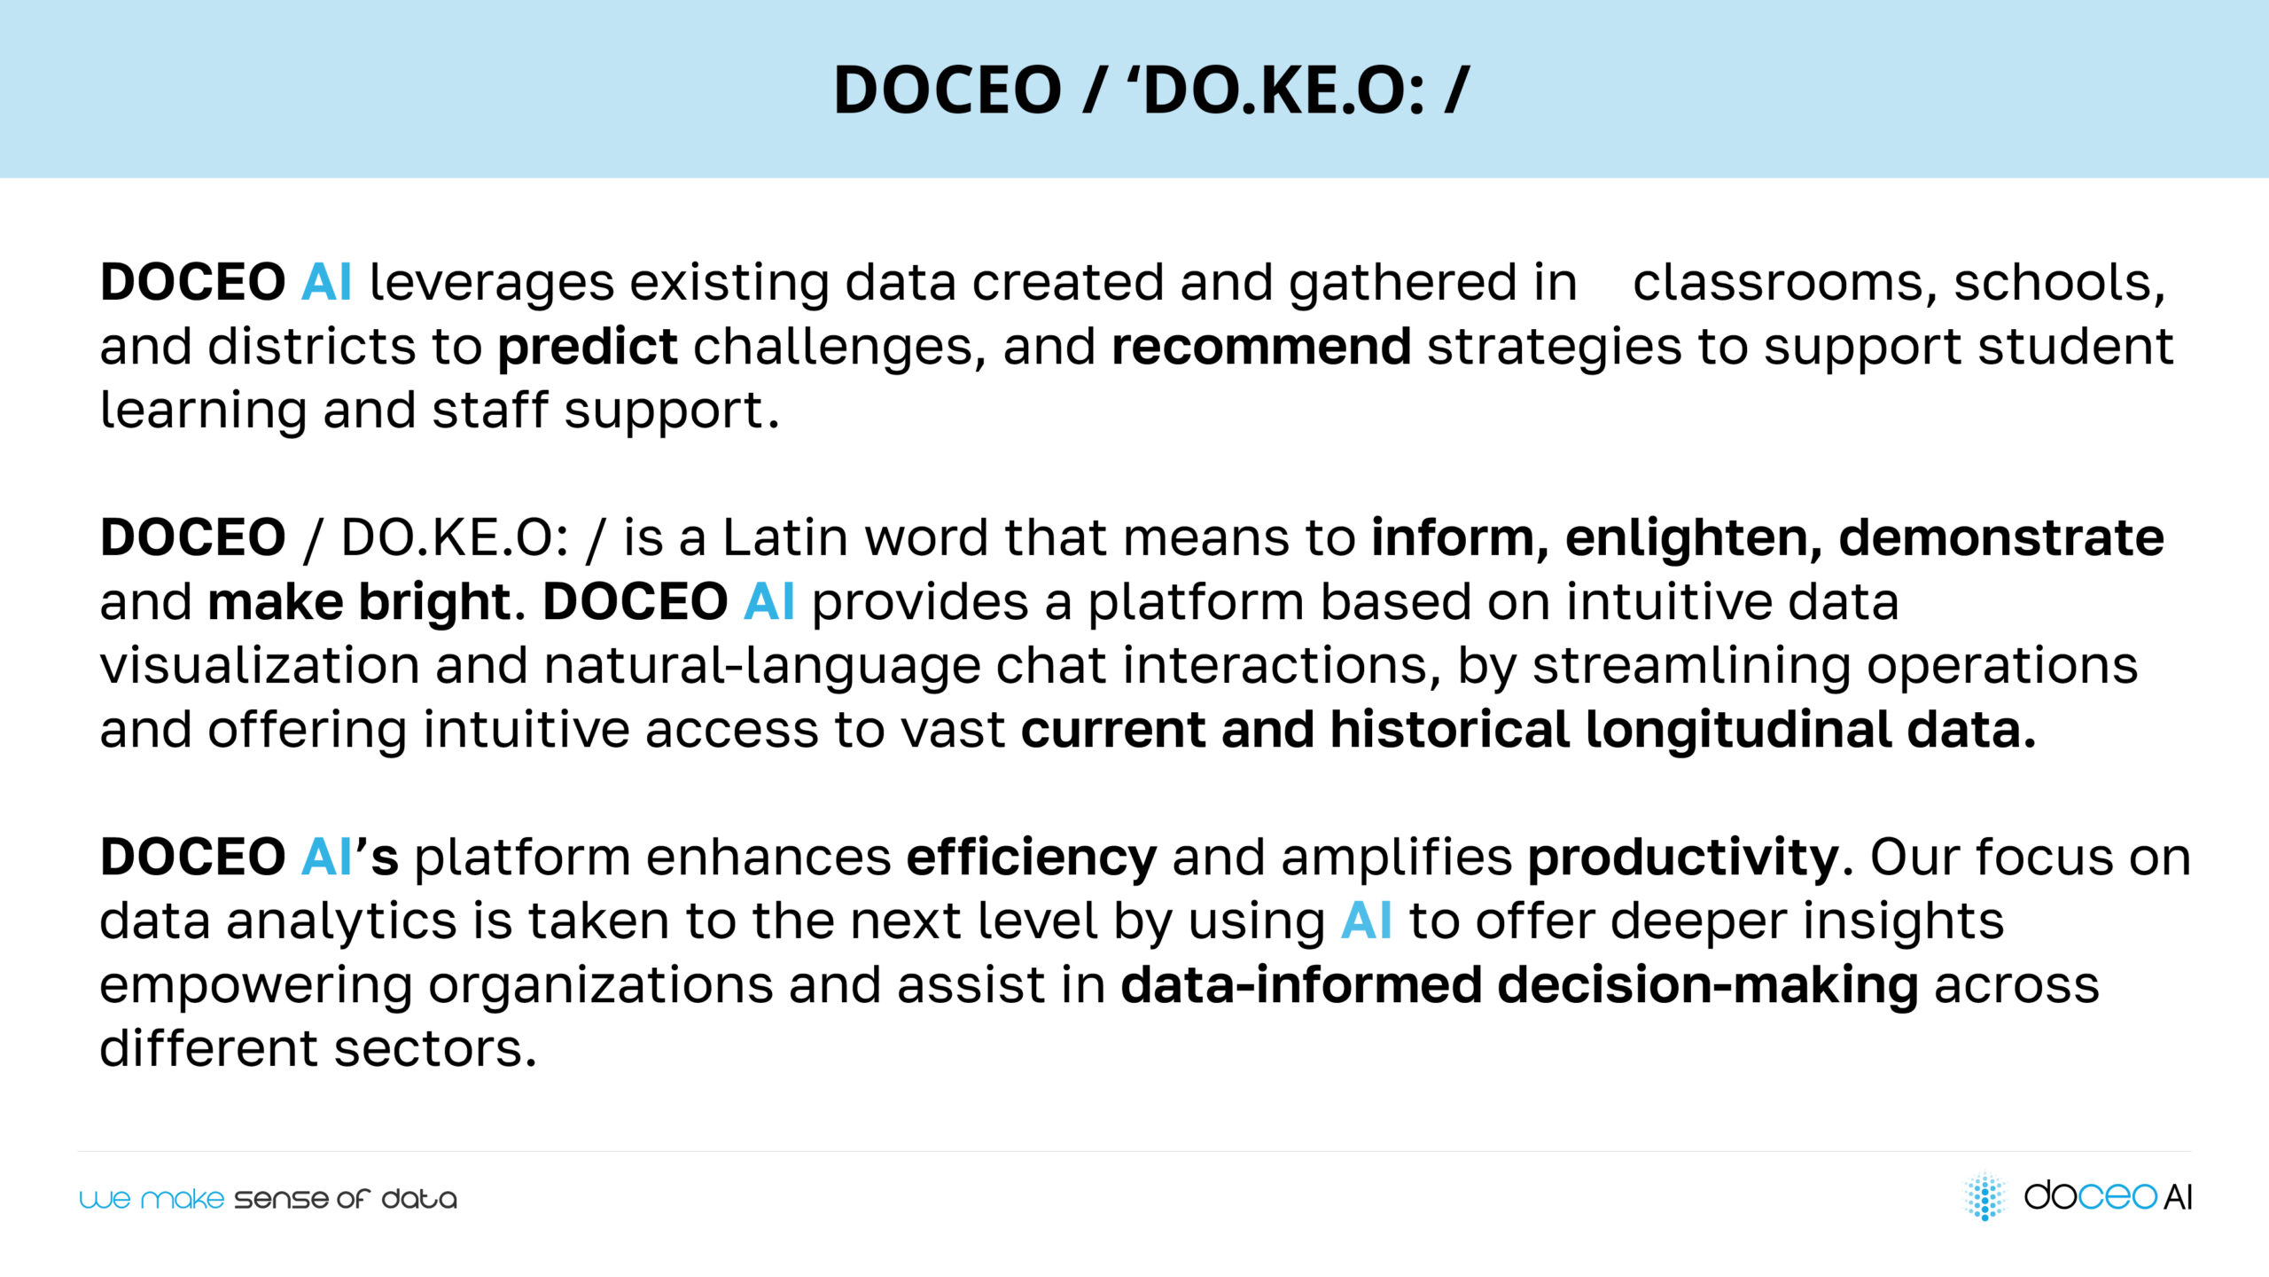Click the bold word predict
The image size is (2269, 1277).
pyautogui.click(x=588, y=348)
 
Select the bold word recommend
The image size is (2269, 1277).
pyautogui.click(x=1261, y=346)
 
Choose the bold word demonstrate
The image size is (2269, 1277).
pyautogui.click(x=2001, y=537)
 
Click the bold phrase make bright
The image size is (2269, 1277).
pyautogui.click(x=360, y=603)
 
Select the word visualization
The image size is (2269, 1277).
pyautogui.click(x=260, y=665)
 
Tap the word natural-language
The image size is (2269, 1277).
pyautogui.click(x=762, y=667)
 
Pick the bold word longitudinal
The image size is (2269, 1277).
pyautogui.click(x=1737, y=731)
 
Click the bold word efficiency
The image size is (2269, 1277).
pyautogui.click(x=1032, y=858)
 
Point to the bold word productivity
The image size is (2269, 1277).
pyautogui.click(x=1683, y=858)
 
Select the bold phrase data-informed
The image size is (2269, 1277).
pyautogui.click(x=1301, y=984)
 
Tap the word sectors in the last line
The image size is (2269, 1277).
pyautogui.click(x=435, y=1049)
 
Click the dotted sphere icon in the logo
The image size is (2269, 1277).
pyautogui.click(x=1985, y=1196)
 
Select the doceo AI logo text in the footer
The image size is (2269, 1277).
pyautogui.click(x=2108, y=1196)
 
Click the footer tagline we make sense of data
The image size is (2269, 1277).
pyautogui.click(x=268, y=1199)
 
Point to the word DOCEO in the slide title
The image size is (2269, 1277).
pyautogui.click(x=947, y=90)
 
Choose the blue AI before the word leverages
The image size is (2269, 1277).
pyautogui.click(x=326, y=283)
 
